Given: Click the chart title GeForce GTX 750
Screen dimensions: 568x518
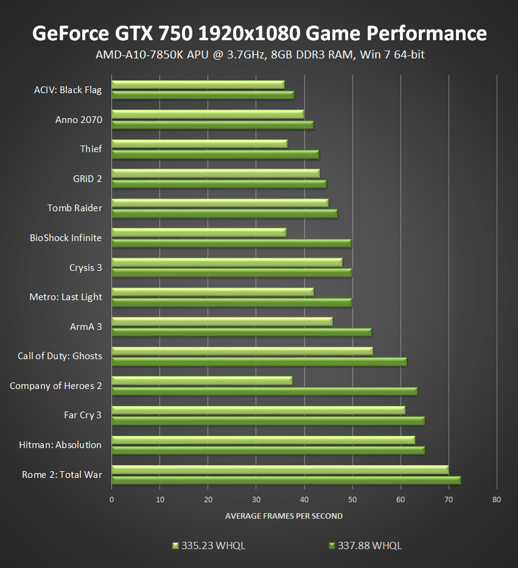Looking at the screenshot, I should pos(259,33).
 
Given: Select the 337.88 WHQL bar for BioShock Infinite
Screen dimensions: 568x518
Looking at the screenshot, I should pos(231,244).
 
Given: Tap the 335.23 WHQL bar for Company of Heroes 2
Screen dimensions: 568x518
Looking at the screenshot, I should pos(201,380).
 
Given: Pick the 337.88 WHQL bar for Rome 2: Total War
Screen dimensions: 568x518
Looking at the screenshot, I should pos(286,480).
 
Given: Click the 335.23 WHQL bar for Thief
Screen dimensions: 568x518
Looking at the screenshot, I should pos(199,144).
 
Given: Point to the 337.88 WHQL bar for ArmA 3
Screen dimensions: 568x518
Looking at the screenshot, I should pos(242,332).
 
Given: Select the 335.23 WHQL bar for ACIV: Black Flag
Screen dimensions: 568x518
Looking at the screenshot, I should pos(198,85).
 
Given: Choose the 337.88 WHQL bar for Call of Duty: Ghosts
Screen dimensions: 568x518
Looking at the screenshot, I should pos(259,362).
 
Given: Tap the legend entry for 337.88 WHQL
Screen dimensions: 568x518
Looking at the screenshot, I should pos(365,545).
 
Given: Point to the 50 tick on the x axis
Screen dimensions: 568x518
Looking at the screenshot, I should pos(352,499).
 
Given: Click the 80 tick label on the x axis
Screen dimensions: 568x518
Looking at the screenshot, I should pos(497,499).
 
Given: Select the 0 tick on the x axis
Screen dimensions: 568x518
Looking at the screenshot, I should pos(112,499).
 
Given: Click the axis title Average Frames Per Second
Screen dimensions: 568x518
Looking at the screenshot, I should pos(284,516).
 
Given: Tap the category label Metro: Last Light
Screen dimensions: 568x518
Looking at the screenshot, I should pos(66,297).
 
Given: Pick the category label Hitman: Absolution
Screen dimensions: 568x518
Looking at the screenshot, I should pos(60,445).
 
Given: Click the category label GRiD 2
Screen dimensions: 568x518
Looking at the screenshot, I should pos(87,178).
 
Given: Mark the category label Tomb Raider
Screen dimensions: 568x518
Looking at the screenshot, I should pos(75,208).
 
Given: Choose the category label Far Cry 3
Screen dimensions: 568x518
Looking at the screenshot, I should pos(83,415).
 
